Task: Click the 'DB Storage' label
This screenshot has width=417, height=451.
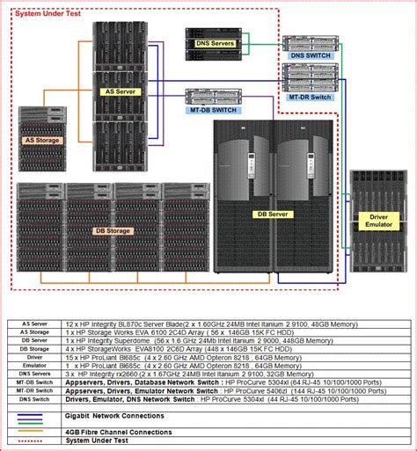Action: pos(112,231)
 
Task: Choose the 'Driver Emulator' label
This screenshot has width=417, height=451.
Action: pos(379,221)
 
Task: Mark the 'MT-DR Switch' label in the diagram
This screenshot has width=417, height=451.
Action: pos(310,97)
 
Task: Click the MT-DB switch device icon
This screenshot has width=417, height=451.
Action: pos(206,95)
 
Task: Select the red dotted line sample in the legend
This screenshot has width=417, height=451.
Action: pos(34,441)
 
